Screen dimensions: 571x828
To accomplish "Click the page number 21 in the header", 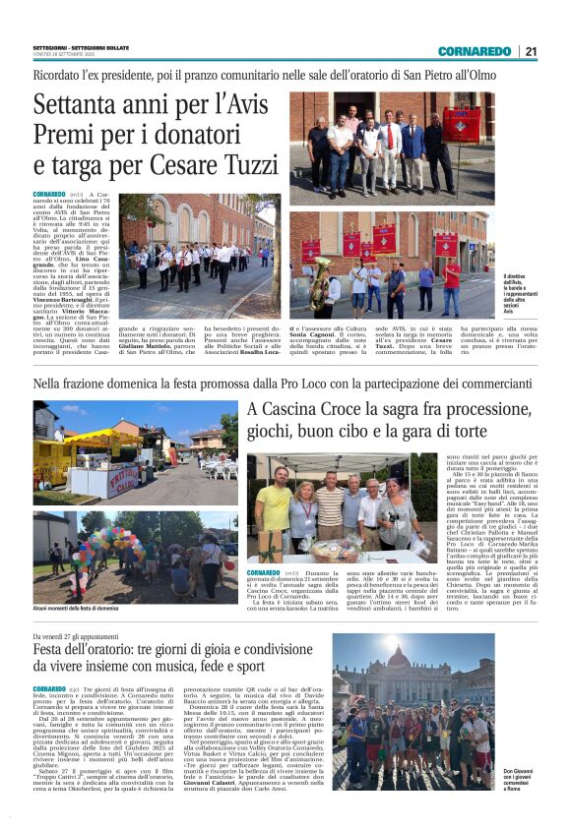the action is pos(531,51).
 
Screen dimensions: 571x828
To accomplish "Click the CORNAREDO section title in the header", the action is pos(475,51).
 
